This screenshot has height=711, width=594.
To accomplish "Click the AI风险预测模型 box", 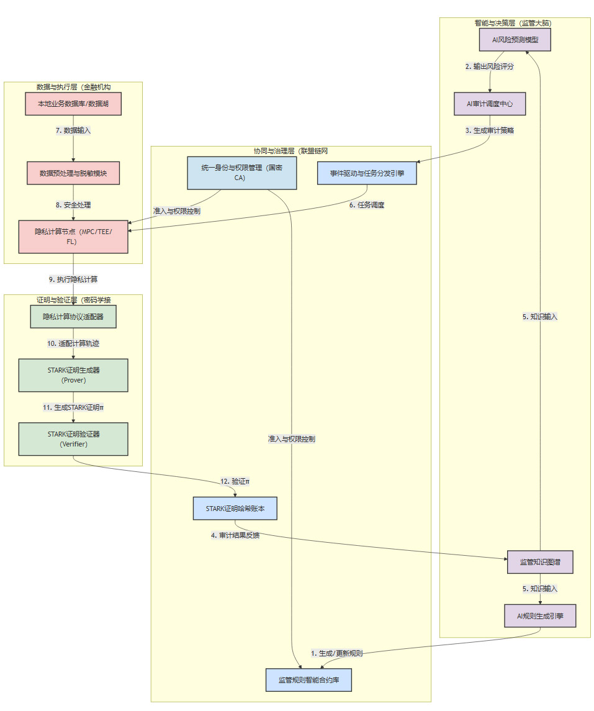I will pos(515,40).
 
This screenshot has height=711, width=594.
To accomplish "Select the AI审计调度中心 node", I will pos(490,104).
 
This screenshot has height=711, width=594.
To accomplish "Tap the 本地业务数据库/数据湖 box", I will pos(73,104).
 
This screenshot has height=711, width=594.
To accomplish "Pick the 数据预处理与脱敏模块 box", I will pos(73,173).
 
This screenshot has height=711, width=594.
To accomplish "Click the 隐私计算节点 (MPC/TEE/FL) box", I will pos(73,237).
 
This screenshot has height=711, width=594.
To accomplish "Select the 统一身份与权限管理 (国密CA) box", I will pos(241,173).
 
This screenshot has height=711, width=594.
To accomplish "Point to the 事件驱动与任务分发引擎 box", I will pos(366,173).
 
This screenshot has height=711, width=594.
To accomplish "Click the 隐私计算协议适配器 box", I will pos(73,316).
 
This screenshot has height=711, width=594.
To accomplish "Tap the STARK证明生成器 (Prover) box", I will pos(73,375).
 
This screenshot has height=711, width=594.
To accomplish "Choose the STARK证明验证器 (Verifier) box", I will pos(73,439).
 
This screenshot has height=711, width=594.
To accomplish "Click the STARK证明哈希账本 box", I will pos(235,509).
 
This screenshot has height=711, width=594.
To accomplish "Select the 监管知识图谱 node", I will pos(539,562).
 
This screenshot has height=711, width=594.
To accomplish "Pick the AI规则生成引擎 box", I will pos(539,615).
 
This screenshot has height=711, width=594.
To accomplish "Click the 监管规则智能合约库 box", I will pos(308,679).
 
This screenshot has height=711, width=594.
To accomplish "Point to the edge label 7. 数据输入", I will pos(73,131).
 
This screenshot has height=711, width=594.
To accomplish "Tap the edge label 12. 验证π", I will pos(235,481).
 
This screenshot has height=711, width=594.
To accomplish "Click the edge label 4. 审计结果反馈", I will pos(235,535).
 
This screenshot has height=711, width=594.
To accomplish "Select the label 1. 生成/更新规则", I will pos(336,653).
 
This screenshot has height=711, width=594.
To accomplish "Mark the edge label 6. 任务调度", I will pos(366,205).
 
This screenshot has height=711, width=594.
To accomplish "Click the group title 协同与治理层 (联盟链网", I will pos(290,151).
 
